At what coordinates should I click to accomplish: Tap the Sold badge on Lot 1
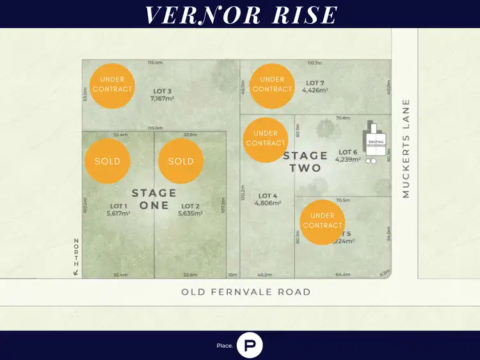click(107, 161)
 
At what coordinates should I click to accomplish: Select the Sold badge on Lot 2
click(180, 161)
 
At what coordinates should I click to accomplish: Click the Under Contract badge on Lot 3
click(112, 85)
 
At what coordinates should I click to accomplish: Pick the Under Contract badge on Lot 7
click(272, 85)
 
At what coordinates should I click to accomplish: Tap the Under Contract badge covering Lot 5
click(323, 221)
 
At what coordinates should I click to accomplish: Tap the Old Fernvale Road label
click(246, 292)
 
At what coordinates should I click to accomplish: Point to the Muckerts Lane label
click(406, 148)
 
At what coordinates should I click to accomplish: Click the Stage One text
click(154, 199)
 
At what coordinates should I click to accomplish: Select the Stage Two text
click(305, 161)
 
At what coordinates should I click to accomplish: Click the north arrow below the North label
click(76, 273)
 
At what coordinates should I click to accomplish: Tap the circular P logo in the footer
click(250, 345)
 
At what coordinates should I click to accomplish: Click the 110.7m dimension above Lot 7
click(314, 63)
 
